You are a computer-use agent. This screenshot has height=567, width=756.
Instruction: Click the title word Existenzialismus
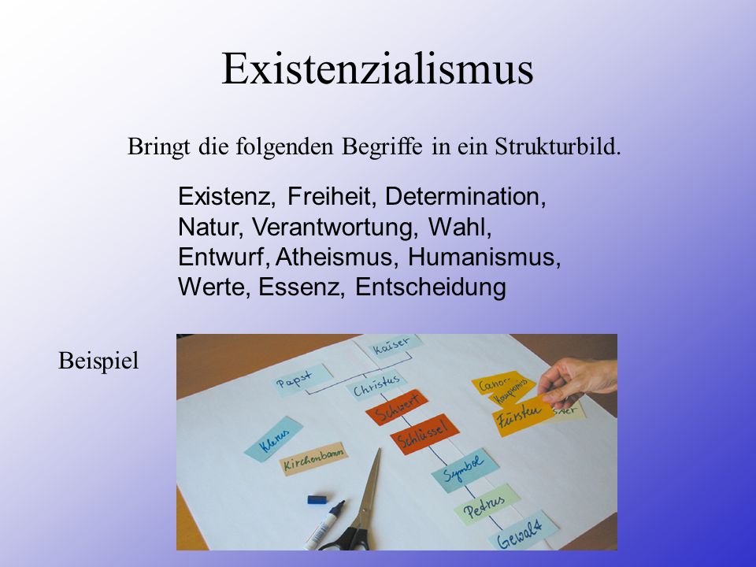377,69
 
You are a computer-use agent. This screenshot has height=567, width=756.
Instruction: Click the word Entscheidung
431,287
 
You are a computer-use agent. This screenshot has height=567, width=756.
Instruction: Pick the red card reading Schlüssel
424,434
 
